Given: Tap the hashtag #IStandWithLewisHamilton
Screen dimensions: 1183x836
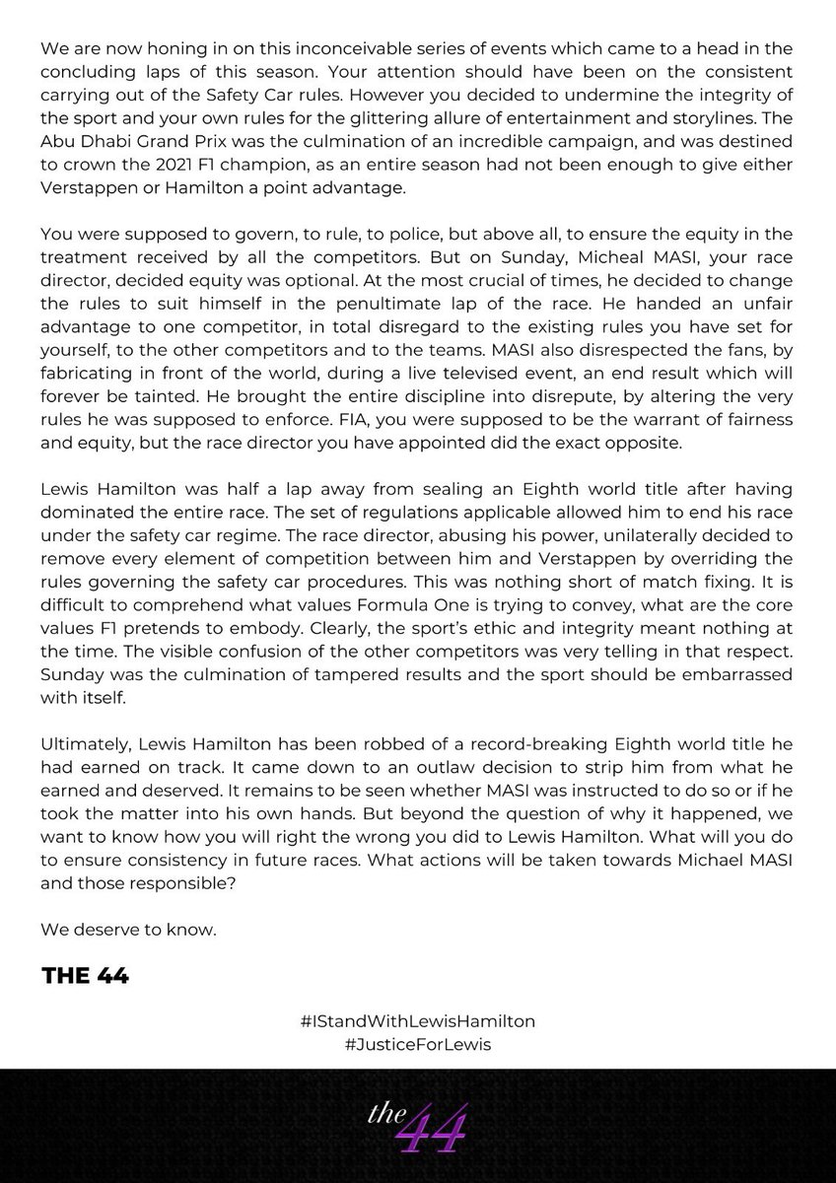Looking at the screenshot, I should click(x=418, y=1020).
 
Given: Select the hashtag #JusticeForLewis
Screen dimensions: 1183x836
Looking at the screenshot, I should click(x=418, y=1043).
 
